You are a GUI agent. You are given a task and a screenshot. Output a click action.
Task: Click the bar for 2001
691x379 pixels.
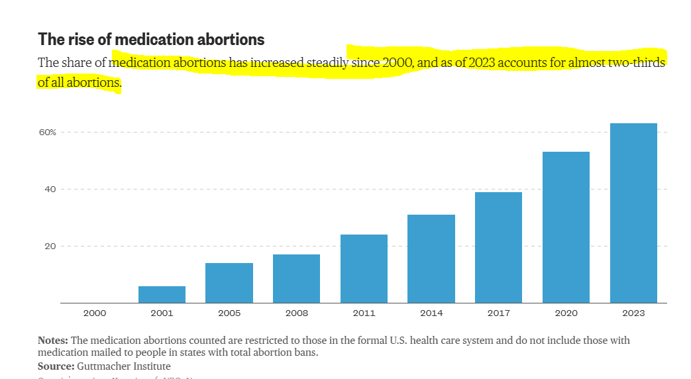[x=162, y=294]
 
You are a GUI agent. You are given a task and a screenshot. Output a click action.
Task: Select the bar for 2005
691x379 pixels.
[x=229, y=283]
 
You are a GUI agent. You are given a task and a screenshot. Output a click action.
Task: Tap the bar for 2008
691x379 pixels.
[x=296, y=278]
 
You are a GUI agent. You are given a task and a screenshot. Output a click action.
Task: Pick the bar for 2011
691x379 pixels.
[x=364, y=268]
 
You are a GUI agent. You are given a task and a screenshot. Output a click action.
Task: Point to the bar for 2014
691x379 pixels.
[x=431, y=258]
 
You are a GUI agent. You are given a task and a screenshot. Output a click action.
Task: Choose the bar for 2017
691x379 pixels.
[x=498, y=247]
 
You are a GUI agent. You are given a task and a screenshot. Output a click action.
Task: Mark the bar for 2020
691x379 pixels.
[x=566, y=227]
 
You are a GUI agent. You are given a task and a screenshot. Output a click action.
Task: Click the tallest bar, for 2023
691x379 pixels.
[x=633, y=213]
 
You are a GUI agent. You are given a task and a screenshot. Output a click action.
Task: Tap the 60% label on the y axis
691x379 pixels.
[x=47, y=133]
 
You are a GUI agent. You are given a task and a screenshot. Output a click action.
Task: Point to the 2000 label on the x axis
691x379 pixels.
[x=94, y=313]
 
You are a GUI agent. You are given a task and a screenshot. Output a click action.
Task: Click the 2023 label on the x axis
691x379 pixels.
[x=633, y=313]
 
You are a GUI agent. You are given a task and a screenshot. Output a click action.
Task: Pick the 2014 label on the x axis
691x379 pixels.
[x=431, y=313]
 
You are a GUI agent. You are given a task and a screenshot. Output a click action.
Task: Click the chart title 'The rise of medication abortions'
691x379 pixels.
[x=151, y=39]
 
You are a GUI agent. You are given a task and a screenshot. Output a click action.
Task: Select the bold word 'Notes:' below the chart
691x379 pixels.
[x=53, y=341]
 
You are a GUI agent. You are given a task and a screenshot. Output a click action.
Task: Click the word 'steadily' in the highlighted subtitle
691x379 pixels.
[x=327, y=63]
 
